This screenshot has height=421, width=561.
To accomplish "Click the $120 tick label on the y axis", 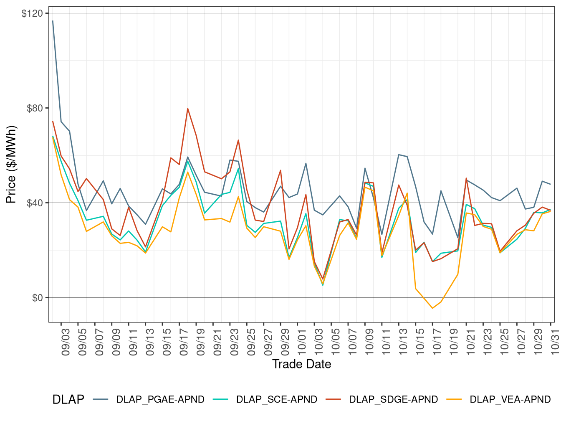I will (32, 13).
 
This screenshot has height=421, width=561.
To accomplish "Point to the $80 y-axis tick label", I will (34, 108).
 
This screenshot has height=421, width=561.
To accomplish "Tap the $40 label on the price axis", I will (34, 203).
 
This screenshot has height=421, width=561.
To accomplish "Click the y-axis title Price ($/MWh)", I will (11, 164).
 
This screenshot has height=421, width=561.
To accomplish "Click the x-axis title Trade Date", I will (301, 364).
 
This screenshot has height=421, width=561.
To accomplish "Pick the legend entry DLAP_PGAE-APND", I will (160, 399).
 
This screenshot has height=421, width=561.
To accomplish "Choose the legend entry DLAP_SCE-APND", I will (276, 399).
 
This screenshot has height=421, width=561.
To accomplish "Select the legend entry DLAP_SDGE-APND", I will (393, 399).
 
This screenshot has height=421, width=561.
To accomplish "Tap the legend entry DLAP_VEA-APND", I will (510, 399).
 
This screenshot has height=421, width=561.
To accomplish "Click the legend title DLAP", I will (68, 399).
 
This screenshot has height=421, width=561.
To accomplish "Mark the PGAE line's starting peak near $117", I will (53, 21).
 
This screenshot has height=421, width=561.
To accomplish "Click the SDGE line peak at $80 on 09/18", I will (188, 109).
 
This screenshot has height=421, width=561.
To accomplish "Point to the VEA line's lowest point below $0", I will (432, 308).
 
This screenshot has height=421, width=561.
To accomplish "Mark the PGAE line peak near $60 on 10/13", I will (399, 155).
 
